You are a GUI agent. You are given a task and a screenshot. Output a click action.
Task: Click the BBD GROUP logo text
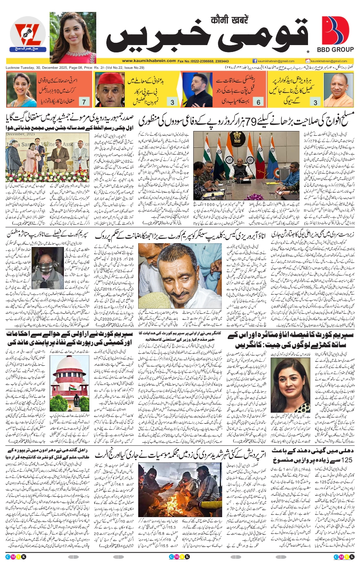tap(335, 50)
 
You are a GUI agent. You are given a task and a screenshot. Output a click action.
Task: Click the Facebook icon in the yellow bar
tap(255, 61)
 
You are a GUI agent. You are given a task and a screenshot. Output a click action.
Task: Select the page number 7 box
tap(84, 102)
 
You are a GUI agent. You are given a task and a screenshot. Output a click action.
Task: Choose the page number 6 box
tap(258, 102)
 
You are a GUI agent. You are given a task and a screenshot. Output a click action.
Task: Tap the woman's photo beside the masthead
tap(73, 37)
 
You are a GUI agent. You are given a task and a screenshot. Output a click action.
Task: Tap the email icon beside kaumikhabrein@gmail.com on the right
tap(308, 61)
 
